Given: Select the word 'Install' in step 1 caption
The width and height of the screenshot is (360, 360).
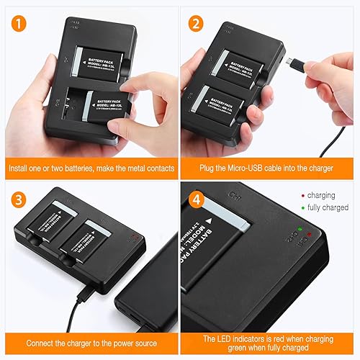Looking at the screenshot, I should (21, 169).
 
